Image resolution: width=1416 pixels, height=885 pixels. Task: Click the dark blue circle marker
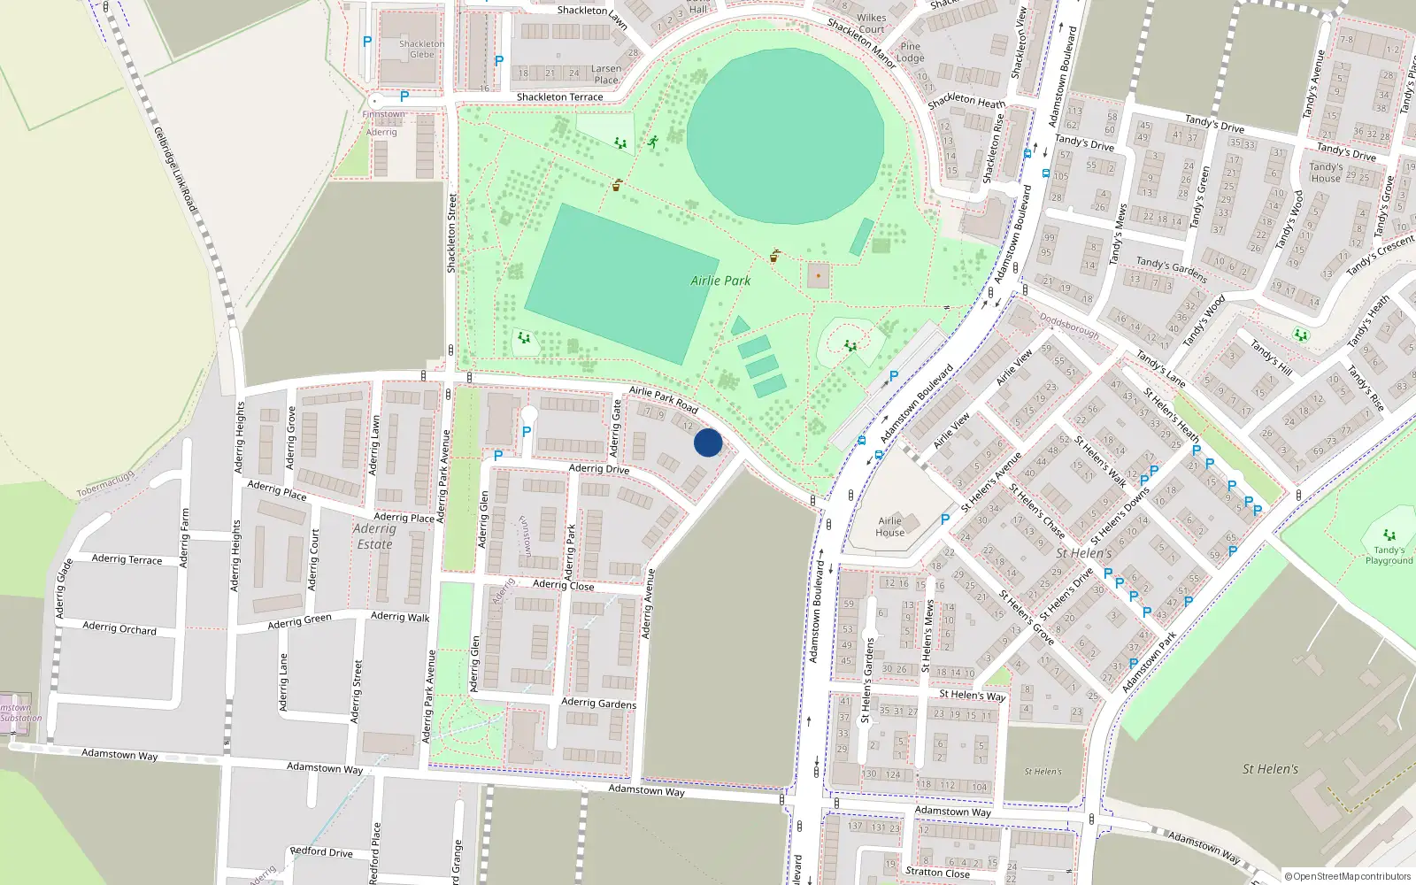708,442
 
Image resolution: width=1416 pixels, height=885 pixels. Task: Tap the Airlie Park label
720,281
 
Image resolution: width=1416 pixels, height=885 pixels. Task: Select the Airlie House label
890,527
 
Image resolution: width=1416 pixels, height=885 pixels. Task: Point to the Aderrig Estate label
374,536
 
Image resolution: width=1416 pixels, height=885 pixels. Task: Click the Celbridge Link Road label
175,168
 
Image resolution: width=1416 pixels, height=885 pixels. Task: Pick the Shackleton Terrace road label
559,97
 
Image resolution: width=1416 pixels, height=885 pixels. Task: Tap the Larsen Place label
606,74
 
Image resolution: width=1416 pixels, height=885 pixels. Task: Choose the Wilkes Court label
872,23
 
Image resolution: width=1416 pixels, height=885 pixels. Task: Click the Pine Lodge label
911,52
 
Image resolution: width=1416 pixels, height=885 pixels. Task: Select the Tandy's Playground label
1389,555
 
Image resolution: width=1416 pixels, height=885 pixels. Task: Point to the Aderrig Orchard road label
119,627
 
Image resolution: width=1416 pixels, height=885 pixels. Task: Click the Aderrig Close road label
564,585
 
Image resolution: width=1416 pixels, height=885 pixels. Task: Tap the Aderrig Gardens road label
598,703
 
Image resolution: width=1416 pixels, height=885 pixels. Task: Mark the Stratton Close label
937,873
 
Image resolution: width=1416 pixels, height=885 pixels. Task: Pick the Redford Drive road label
321,852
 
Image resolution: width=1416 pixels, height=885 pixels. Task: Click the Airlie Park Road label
664,400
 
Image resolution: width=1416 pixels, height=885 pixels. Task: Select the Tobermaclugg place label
105,484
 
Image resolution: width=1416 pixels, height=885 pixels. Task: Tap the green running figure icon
652,142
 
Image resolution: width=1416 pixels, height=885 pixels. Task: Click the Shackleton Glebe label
421,49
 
